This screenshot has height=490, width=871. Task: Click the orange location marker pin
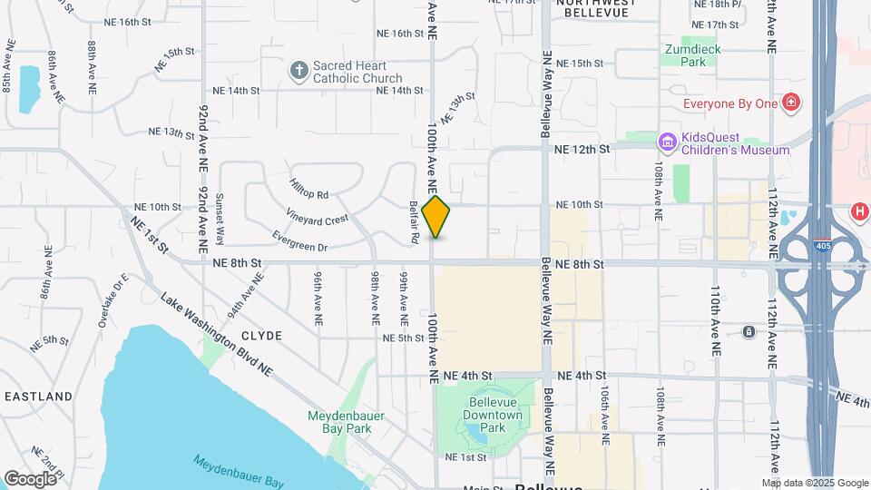point(436,216)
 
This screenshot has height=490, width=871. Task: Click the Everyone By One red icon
point(792,103)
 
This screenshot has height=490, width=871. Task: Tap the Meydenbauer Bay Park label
point(347,422)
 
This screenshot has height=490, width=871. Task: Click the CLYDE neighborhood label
point(261,336)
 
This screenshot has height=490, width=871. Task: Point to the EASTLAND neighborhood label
point(38,397)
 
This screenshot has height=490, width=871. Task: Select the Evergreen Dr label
point(299,241)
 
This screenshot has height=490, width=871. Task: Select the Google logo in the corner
point(31,478)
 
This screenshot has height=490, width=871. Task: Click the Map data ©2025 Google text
point(812,483)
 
